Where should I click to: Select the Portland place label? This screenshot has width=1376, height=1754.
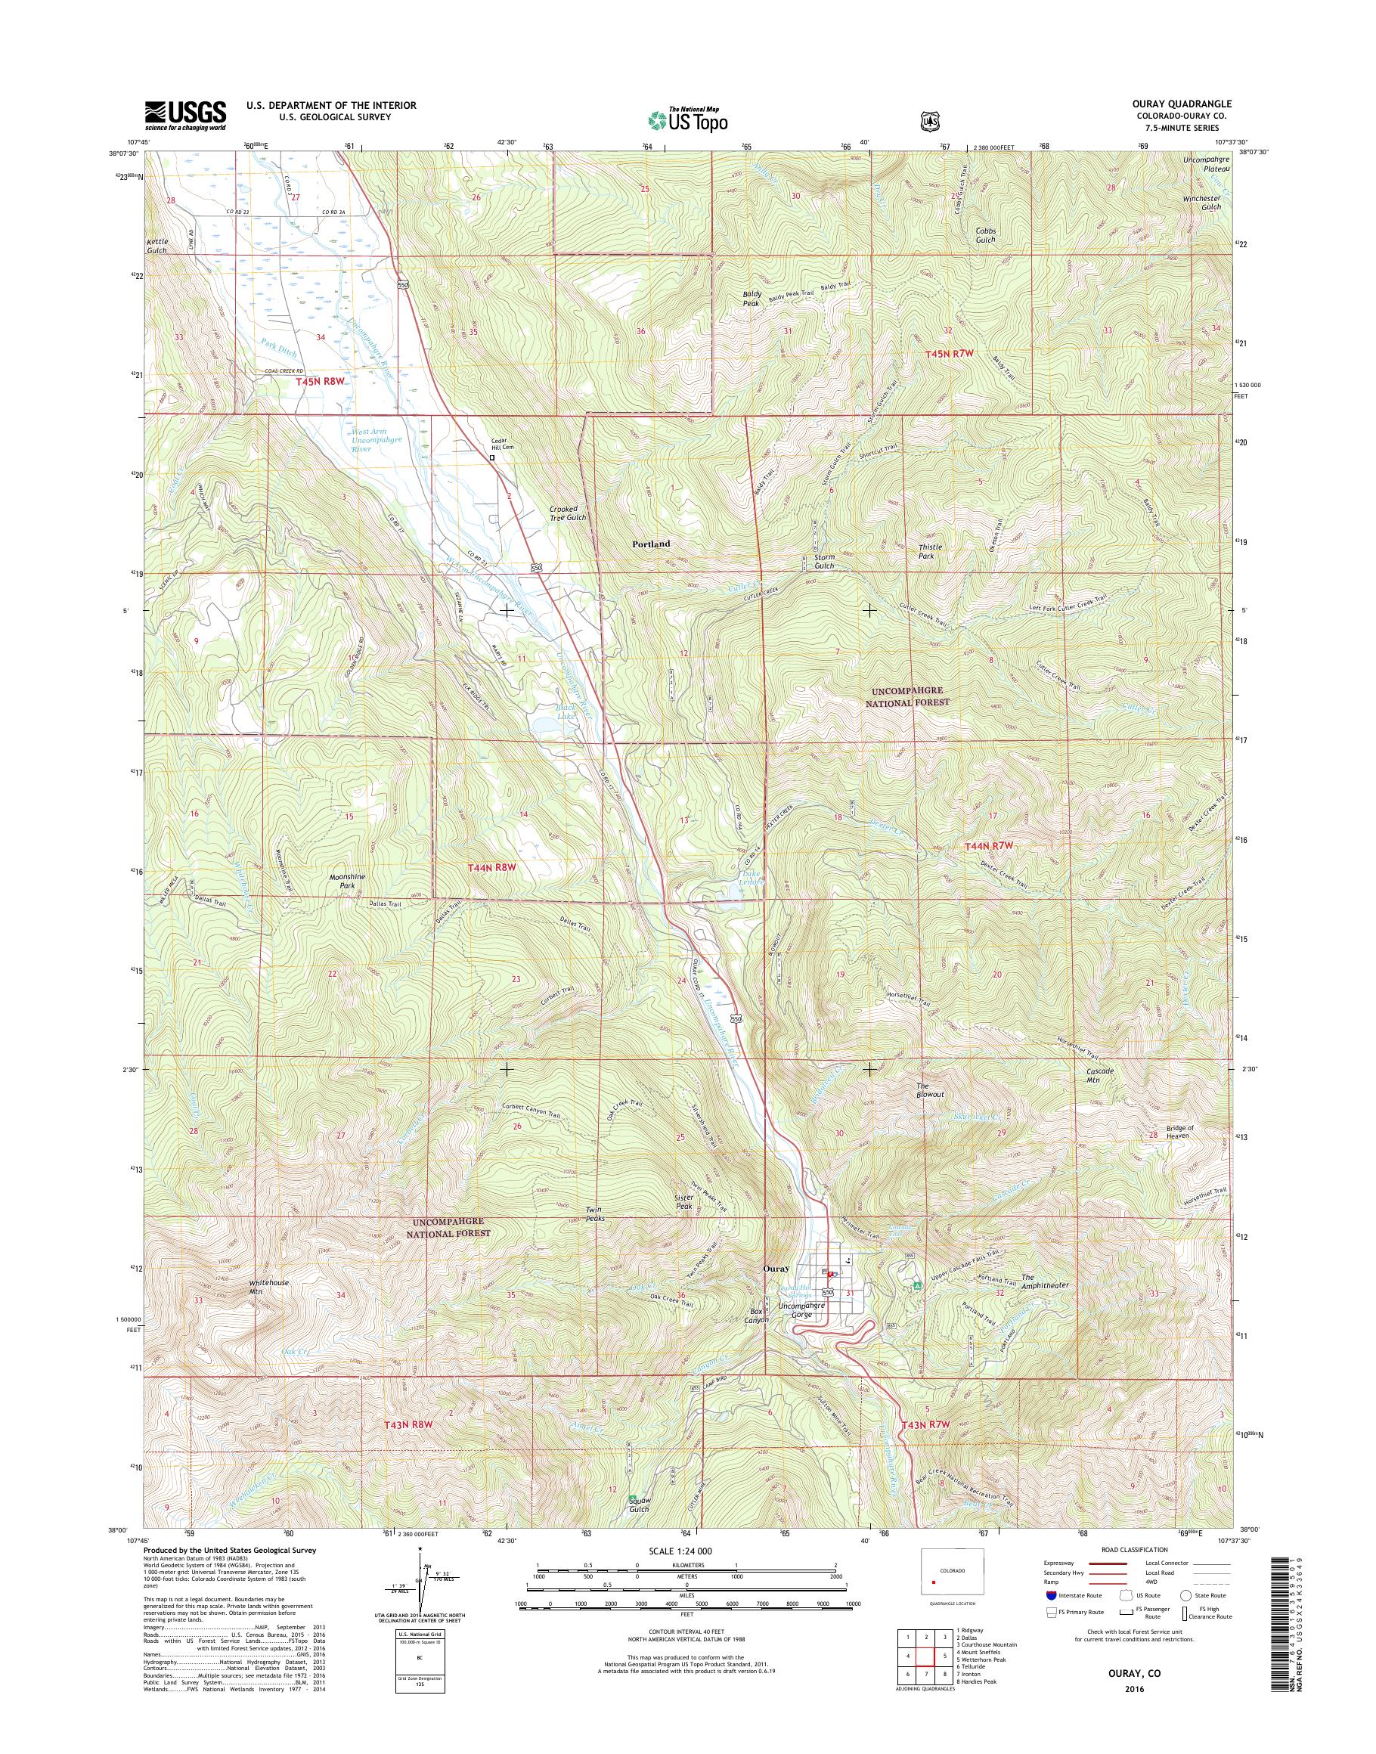pyautogui.click(x=651, y=544)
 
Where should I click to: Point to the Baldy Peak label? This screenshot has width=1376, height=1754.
pyautogui.click(x=752, y=299)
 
